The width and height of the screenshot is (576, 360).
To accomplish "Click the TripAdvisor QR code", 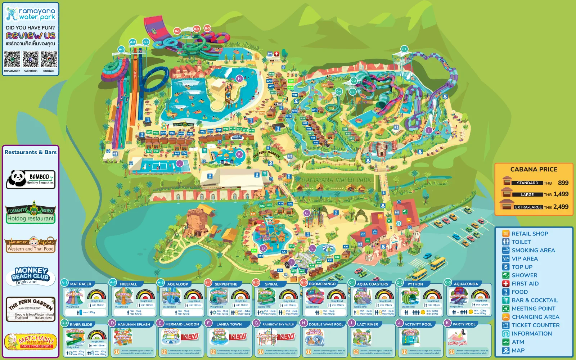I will click(x=12, y=59).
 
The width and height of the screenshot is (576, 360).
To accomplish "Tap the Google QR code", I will click(x=49, y=59).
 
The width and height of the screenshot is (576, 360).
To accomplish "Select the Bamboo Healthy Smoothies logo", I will click(x=31, y=179).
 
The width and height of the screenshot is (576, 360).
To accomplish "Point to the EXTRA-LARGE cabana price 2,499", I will click(x=561, y=207).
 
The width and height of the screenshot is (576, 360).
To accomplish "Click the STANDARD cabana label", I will click(x=527, y=183).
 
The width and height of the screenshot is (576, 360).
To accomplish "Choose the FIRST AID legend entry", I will click(x=525, y=284).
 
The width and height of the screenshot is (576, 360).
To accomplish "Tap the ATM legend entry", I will click(x=518, y=342).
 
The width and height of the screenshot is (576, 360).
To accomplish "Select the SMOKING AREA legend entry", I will click(x=533, y=250).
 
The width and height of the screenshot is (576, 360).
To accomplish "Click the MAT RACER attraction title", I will click(x=81, y=284).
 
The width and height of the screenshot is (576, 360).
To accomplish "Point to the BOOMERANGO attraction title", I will click(x=322, y=284).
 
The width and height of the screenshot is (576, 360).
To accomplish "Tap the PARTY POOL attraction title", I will click(x=464, y=324).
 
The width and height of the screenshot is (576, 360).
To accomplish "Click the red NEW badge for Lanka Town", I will click(x=238, y=337).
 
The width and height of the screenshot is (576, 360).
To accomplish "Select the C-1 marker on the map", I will click(x=404, y=49).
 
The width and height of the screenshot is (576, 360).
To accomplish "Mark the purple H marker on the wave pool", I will click(x=239, y=78).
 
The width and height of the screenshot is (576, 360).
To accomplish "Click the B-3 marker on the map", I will click(x=207, y=28).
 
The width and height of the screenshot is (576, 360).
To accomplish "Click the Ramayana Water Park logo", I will click(x=31, y=14).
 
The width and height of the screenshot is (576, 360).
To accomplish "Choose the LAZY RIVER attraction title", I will click(x=367, y=324).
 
